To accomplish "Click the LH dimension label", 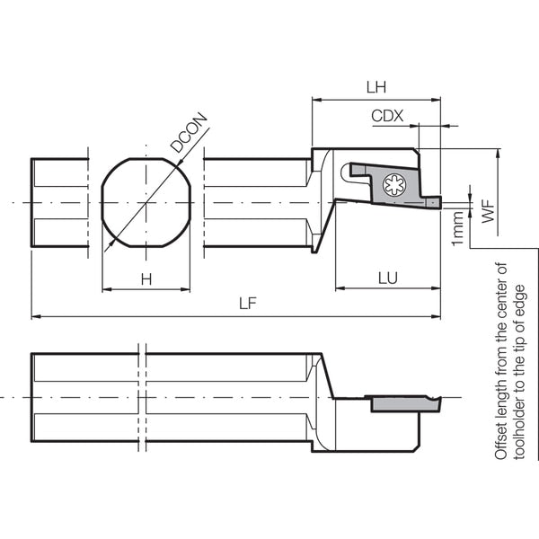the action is coord(376,87).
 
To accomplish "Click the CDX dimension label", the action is coord(387,116).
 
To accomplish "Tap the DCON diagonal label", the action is coord(190,132).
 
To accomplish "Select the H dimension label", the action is coord(146,279).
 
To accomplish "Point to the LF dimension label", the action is coord(248,304).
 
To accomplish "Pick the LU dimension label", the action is coord(388,278).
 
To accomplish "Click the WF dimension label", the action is coord(488,211).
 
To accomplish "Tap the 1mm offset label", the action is coord(458,228).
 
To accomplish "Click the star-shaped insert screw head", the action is coord(394,184).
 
